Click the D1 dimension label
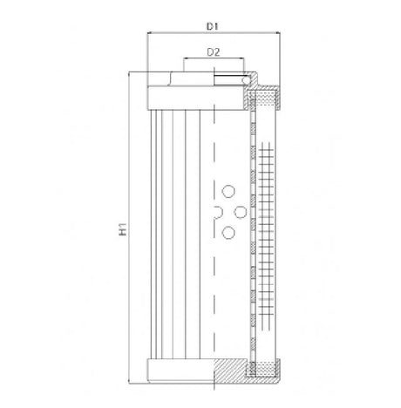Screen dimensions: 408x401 click(x=213, y=25)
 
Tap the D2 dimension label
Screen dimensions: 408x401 click(x=213, y=52)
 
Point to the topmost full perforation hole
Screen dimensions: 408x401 click(x=228, y=193)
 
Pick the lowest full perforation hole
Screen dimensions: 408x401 click(x=228, y=231)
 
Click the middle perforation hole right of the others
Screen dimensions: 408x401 click(x=240, y=212)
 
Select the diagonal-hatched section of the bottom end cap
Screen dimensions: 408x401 click(x=229, y=372)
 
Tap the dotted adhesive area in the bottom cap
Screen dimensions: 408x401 click(x=263, y=376)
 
